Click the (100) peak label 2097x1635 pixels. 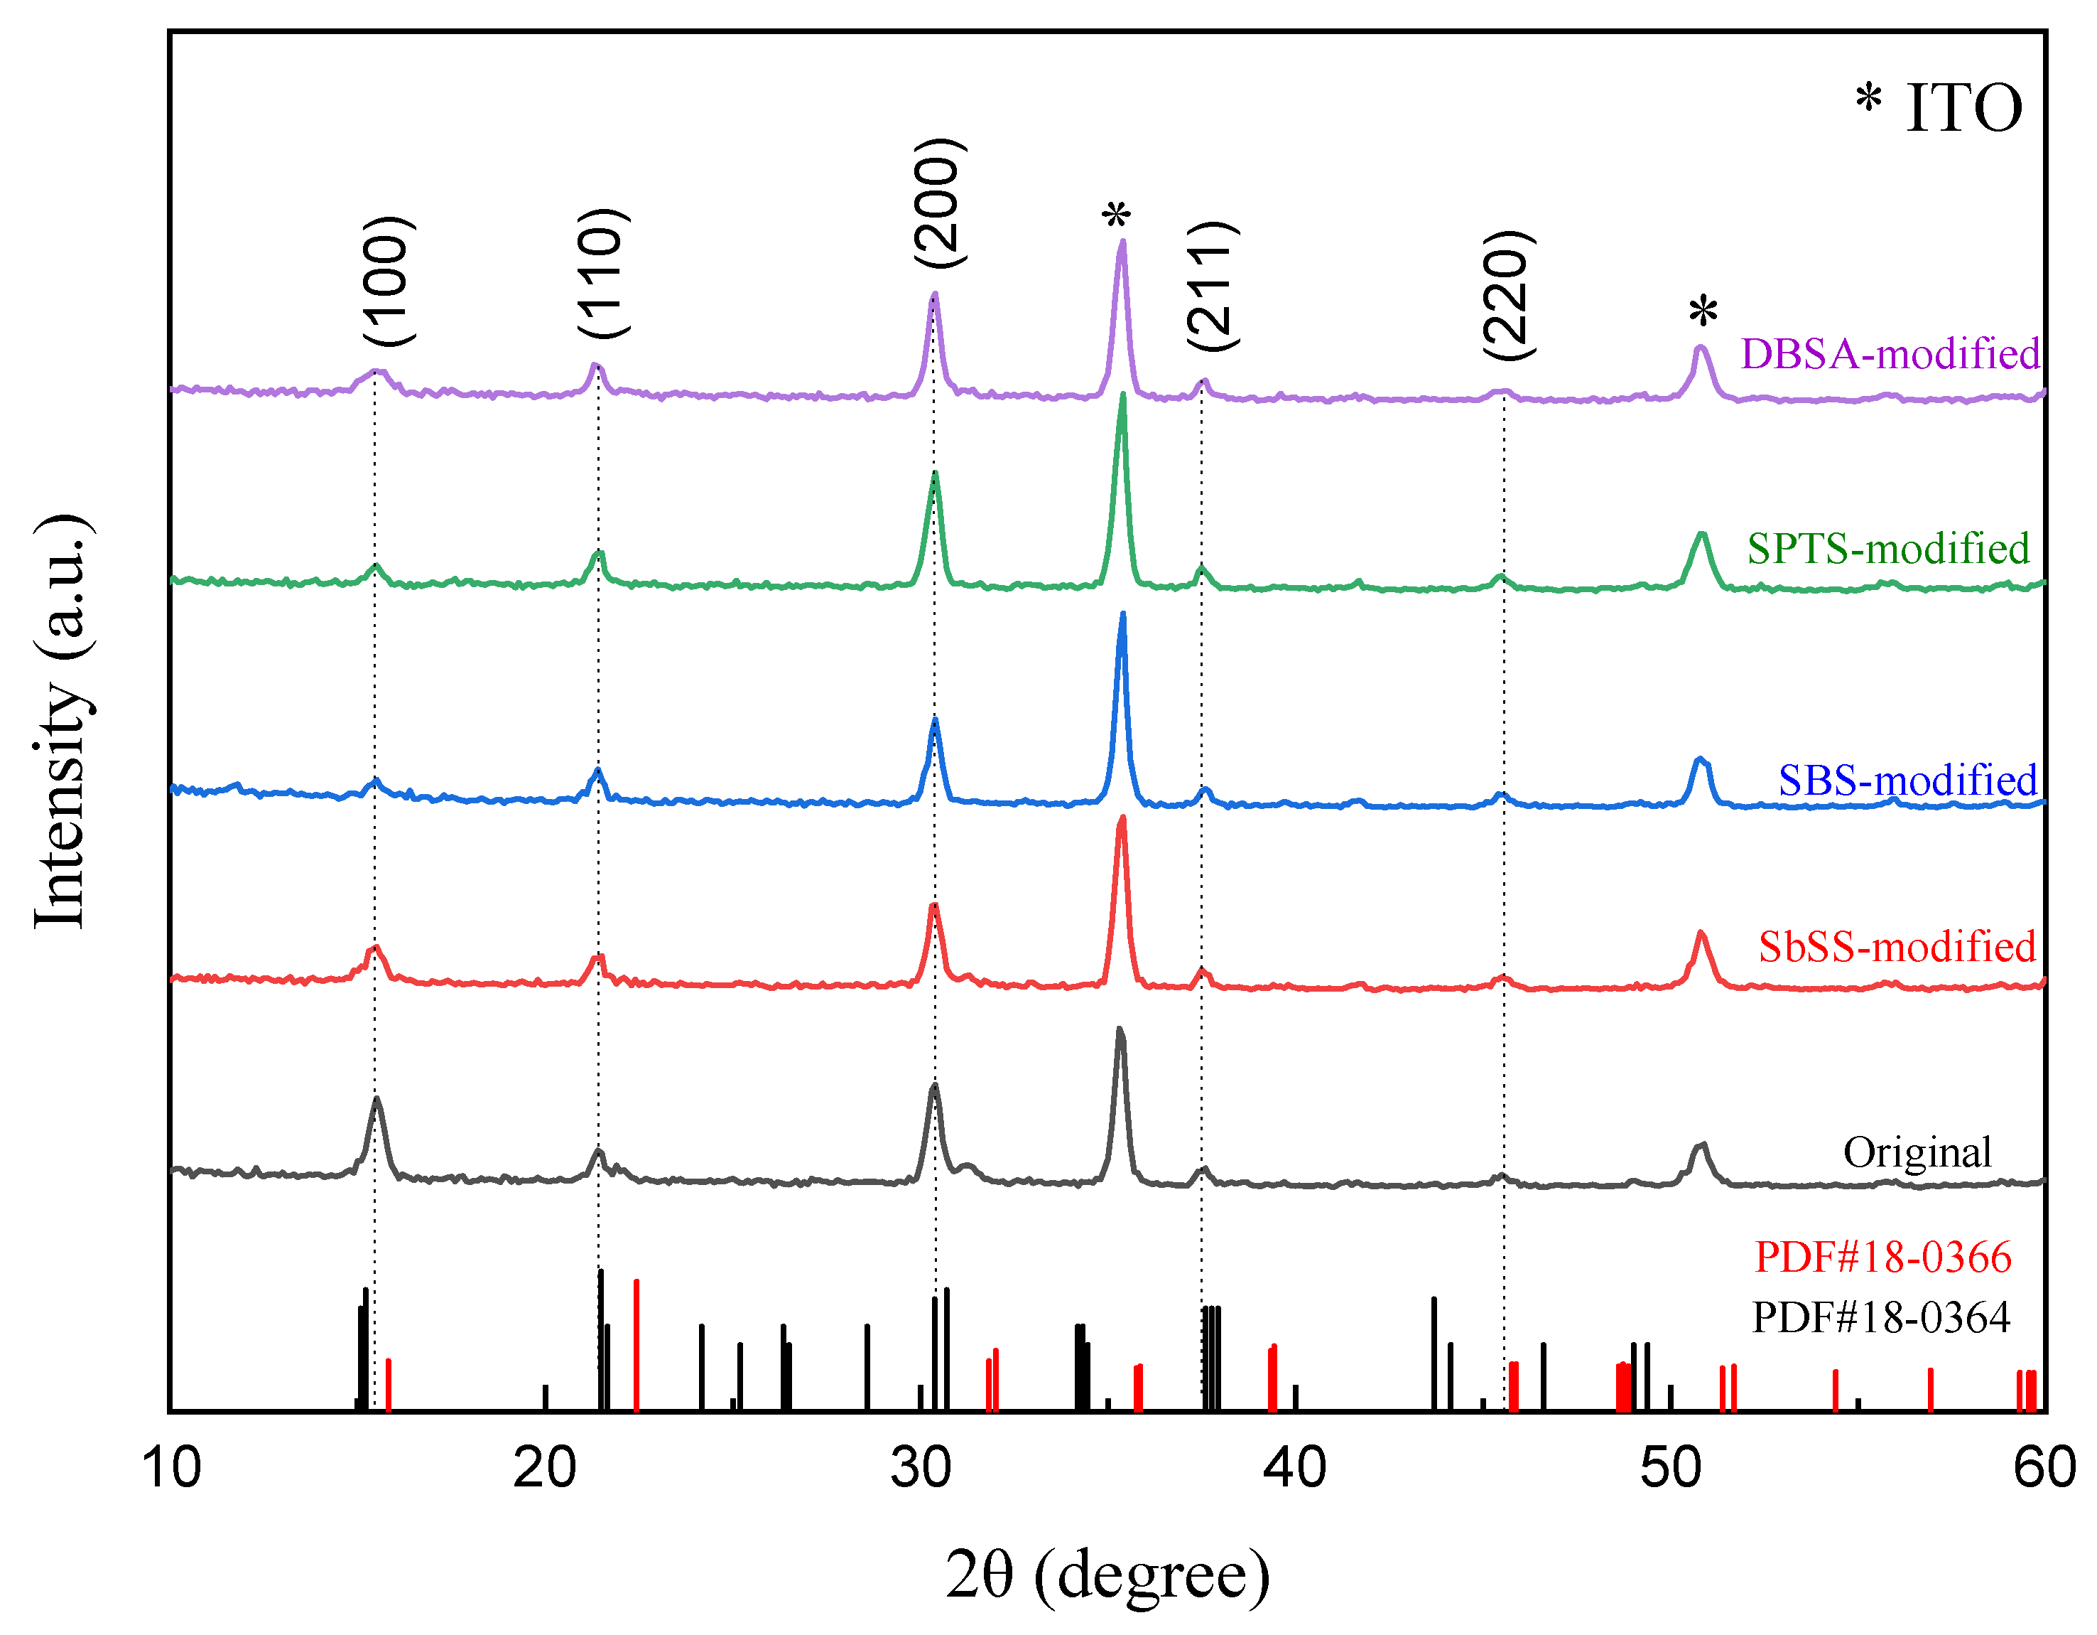[x=390, y=281]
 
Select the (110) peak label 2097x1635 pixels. [x=603, y=273]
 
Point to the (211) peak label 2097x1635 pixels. [x=1213, y=286]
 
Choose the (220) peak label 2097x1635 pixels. [x=1508, y=296]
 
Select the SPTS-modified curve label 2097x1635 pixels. [x=1887, y=549]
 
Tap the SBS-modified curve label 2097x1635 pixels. [x=1907, y=779]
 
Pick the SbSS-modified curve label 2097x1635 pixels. [x=1897, y=946]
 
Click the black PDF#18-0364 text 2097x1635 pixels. [x=1881, y=1317]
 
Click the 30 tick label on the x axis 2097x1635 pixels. [x=920, y=1469]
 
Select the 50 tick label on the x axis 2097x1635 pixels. [x=1670, y=1469]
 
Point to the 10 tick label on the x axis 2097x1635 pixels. [x=171, y=1469]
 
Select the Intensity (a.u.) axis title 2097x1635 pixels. [x=63, y=722]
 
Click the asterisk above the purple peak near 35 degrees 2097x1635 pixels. [x=1116, y=217]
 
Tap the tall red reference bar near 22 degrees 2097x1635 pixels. [x=636, y=1345]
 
